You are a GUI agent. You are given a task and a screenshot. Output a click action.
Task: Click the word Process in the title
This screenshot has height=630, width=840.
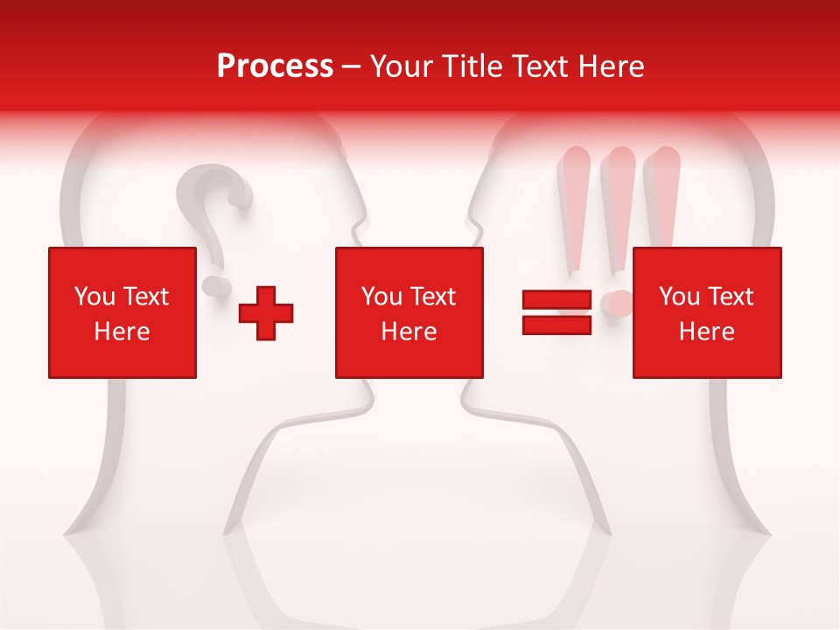[x=275, y=66]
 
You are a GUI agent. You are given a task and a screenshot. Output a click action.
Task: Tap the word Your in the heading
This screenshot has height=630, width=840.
[x=401, y=66]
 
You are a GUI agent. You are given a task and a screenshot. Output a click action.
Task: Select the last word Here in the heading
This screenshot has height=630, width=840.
[x=612, y=66]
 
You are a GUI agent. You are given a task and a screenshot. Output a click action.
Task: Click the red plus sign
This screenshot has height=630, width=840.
[x=266, y=312]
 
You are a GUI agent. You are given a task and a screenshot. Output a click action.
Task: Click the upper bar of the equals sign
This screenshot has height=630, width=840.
[x=557, y=301]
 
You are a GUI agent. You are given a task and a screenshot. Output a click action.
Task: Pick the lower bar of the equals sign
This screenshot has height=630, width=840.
[x=557, y=325]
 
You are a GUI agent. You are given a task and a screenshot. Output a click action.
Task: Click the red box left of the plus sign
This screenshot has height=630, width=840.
[x=122, y=312]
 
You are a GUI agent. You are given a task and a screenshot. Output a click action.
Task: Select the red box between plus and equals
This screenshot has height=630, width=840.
[x=409, y=312]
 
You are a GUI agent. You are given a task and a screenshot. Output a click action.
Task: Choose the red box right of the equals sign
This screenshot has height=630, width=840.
[x=707, y=312]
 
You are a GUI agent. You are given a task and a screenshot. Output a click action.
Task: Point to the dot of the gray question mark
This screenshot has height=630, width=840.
[x=213, y=285]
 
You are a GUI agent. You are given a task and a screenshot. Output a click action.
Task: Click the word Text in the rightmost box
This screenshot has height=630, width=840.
[x=730, y=297]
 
